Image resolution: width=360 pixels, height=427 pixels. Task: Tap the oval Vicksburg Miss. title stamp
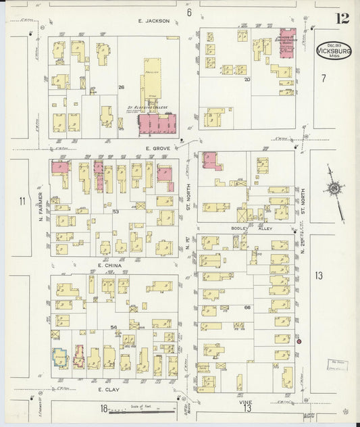(334, 51)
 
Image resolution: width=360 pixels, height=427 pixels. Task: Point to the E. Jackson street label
(152, 21)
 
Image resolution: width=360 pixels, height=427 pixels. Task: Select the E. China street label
(109, 266)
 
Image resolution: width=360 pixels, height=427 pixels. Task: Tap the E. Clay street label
(109, 390)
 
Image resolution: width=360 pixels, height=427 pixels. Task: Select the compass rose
(334, 189)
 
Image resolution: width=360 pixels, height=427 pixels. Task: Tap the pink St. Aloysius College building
(158, 125)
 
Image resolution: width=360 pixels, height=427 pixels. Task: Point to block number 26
(122, 87)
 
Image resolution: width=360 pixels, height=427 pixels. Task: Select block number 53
(115, 212)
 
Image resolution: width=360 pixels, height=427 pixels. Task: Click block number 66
(247, 307)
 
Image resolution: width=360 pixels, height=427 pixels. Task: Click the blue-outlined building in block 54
(60, 357)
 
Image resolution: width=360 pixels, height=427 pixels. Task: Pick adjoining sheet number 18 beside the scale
(104, 408)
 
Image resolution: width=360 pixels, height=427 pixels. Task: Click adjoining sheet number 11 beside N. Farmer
(22, 201)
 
